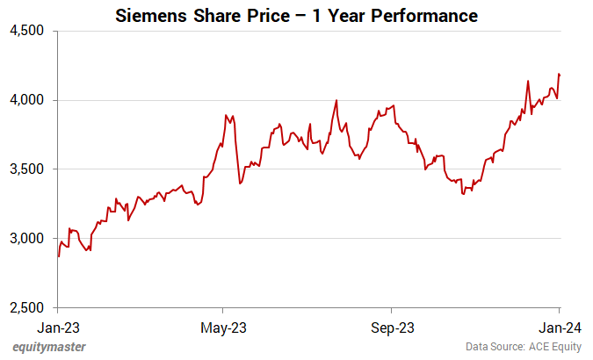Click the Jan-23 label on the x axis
[58, 328]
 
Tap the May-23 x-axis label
[223, 328]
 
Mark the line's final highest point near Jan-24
[560, 75]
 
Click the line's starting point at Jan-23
[58, 256]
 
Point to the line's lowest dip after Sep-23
[463, 193]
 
